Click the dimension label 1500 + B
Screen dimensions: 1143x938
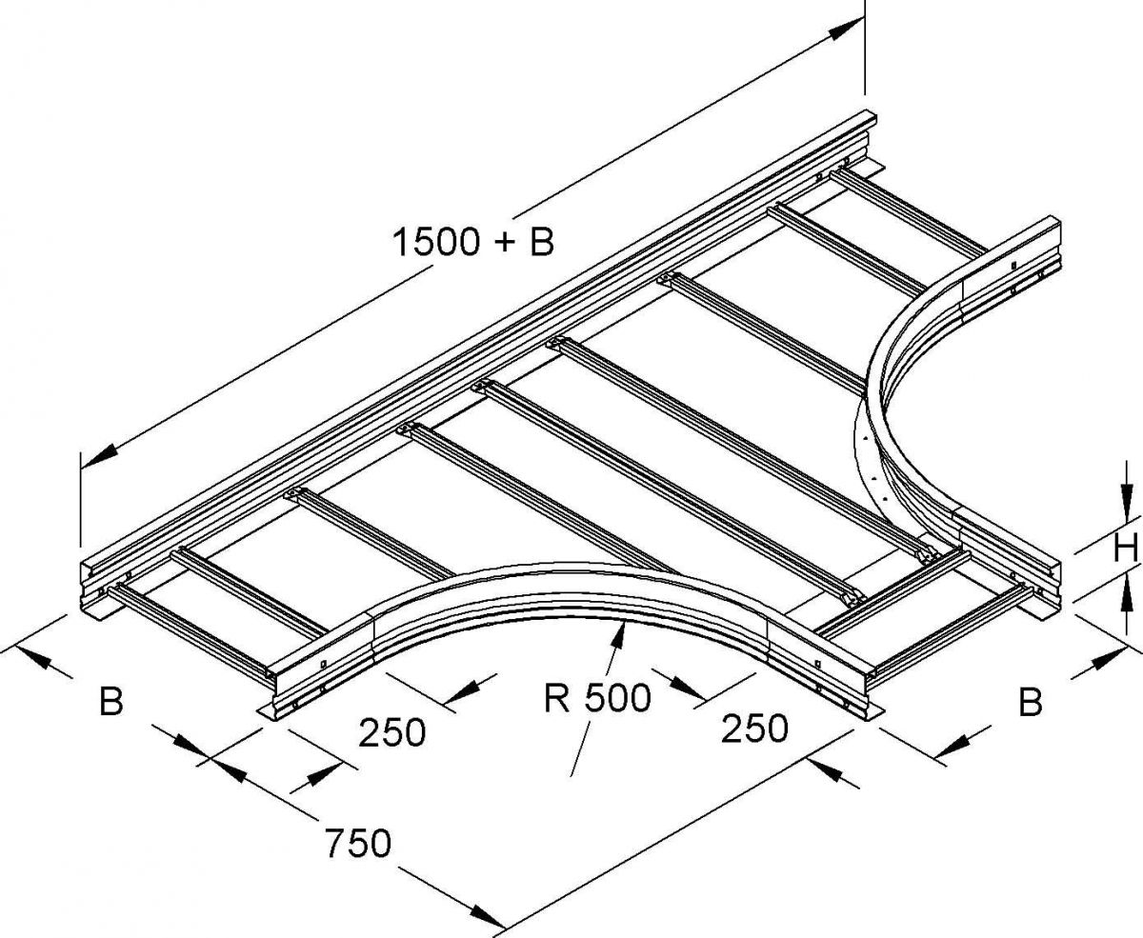(x=473, y=242)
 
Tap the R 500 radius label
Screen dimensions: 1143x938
(x=597, y=698)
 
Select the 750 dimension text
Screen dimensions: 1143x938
(x=358, y=843)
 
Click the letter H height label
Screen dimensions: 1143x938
(x=1125, y=549)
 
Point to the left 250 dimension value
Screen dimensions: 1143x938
(x=392, y=732)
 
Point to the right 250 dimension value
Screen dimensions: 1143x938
(x=753, y=728)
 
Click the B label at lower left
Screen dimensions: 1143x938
(x=111, y=700)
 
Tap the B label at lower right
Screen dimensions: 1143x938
(x=1031, y=701)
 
